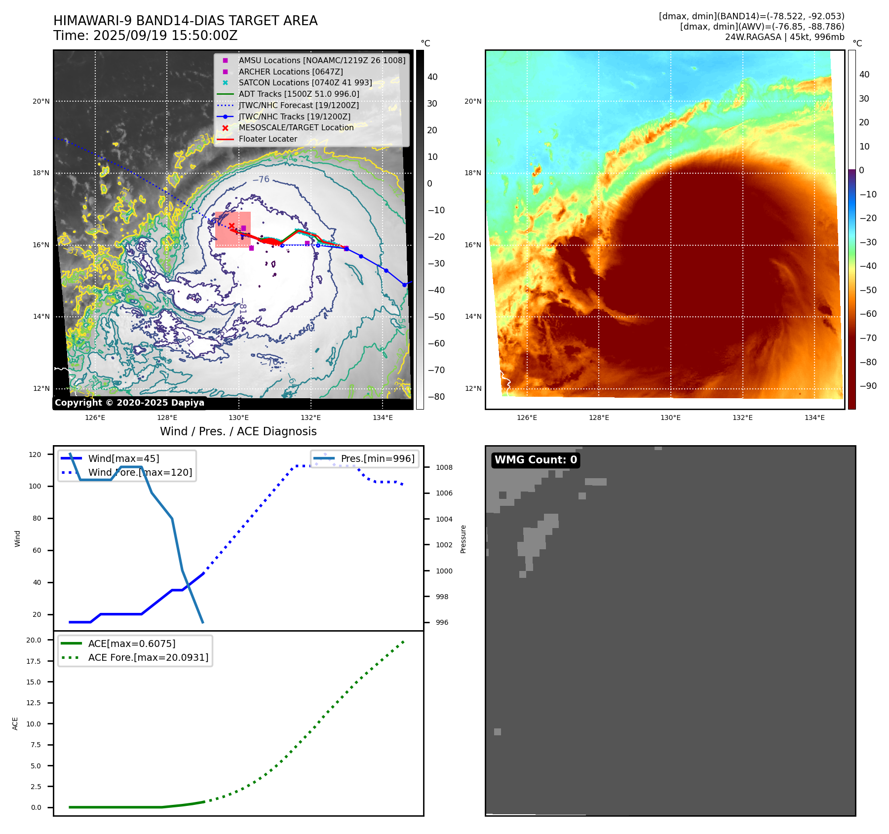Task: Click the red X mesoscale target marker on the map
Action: pyautogui.click(x=232, y=226)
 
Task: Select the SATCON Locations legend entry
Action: pyautogui.click(x=305, y=83)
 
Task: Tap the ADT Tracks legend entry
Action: pyautogui.click(x=299, y=94)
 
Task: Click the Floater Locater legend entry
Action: pyautogui.click(x=268, y=139)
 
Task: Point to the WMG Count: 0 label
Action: pyautogui.click(x=536, y=460)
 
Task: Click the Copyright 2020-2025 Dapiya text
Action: pyautogui.click(x=129, y=403)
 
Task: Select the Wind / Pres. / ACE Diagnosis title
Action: pyautogui.click(x=238, y=431)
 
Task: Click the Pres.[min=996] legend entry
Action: pyautogui.click(x=378, y=458)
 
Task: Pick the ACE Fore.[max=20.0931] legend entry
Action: pyautogui.click(x=148, y=657)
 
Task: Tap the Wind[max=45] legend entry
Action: pyautogui.click(x=123, y=458)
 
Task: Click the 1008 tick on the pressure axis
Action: pyautogui.click(x=444, y=467)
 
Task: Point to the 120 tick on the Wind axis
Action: pyautogui.click(x=35, y=455)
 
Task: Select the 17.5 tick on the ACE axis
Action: pyautogui.click(x=34, y=661)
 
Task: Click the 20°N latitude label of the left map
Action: pyautogui.click(x=41, y=102)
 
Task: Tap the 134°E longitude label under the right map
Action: pyautogui.click(x=814, y=417)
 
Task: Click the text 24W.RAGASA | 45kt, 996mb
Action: pyautogui.click(x=784, y=37)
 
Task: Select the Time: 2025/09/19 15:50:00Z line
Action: pyautogui.click(x=146, y=36)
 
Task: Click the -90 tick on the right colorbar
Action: pyautogui.click(x=868, y=386)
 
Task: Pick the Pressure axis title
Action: pyautogui.click(x=463, y=539)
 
